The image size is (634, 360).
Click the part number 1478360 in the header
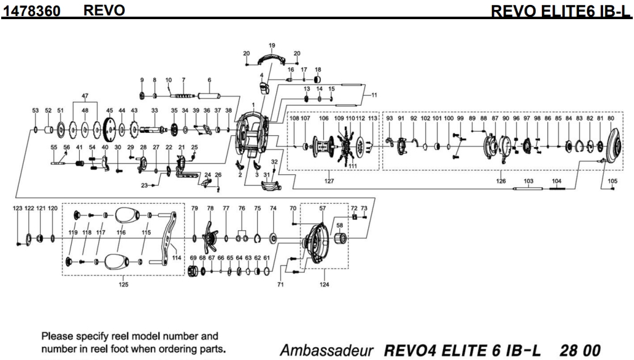click(33, 10)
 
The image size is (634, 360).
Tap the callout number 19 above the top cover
click(272, 46)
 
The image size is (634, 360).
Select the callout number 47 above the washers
click(85, 96)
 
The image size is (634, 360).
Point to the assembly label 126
click(501, 181)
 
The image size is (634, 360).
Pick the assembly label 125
click(123, 285)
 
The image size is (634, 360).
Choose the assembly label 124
click(324, 285)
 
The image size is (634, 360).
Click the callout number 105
click(612, 181)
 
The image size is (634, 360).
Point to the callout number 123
click(17, 209)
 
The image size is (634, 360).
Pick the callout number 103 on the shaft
click(528, 181)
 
